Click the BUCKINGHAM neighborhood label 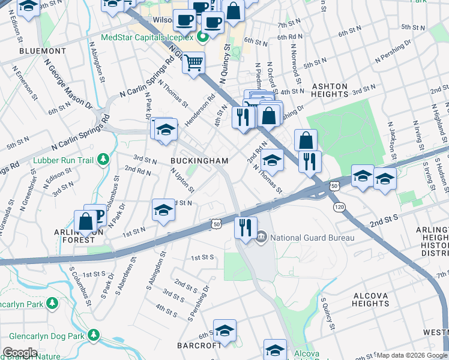point(199,161)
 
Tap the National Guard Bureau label point(312,238)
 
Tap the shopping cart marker point(193,62)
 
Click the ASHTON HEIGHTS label point(330,91)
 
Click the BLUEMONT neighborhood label point(43,51)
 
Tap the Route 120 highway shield point(339,206)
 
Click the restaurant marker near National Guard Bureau point(246,228)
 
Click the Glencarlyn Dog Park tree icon point(93,334)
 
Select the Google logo point(20,353)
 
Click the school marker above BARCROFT point(224,330)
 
